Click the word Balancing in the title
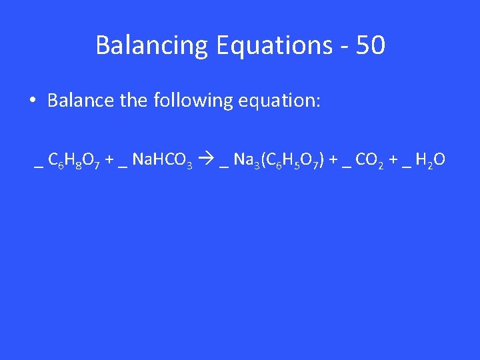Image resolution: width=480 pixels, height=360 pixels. (x=152, y=46)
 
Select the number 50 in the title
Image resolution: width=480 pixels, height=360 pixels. (x=371, y=46)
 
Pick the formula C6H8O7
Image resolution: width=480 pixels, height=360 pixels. (x=74, y=160)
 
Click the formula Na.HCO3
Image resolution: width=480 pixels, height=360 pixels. (x=163, y=160)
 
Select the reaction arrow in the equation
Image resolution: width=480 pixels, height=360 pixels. (x=205, y=160)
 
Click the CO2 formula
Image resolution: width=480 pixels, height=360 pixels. (x=369, y=160)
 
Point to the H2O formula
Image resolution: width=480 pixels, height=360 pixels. (x=430, y=160)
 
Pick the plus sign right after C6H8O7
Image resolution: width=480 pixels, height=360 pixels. (x=109, y=160)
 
